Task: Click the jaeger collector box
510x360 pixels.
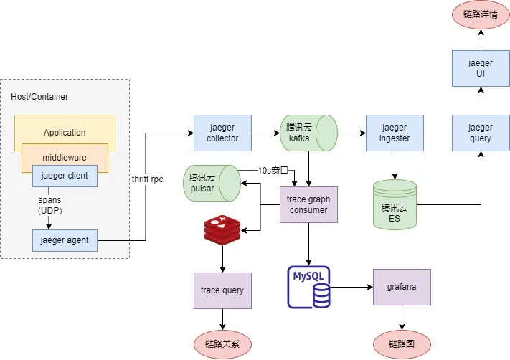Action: [x=222, y=133]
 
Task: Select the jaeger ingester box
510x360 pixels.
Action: [x=394, y=133]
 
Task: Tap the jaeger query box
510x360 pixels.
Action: [x=481, y=133]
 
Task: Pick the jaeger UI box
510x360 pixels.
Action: [x=481, y=68]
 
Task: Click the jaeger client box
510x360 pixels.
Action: [x=65, y=176]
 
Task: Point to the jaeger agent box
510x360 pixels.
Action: [x=65, y=240]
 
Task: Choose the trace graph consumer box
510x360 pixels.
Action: [x=308, y=204]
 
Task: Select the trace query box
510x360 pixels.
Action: [x=222, y=290]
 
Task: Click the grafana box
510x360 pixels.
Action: [x=402, y=288]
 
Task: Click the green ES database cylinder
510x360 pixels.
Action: [x=395, y=205]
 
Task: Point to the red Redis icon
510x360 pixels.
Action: [x=222, y=229]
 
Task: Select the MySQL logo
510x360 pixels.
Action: [x=309, y=287]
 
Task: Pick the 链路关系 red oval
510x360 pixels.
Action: [x=222, y=344]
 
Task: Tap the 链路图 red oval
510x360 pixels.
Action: [x=402, y=344]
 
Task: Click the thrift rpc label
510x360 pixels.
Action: [x=148, y=179]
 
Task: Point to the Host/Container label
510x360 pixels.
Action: [x=39, y=96]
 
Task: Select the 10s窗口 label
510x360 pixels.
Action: [x=273, y=171]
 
